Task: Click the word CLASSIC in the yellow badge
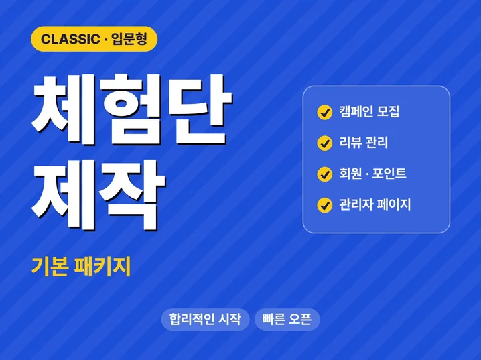(x=70, y=39)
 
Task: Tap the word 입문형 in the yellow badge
(x=129, y=39)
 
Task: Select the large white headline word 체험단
(x=132, y=109)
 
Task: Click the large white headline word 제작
(x=98, y=195)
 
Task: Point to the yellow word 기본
(x=50, y=266)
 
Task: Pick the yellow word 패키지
(x=102, y=266)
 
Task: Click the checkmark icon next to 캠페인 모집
(x=324, y=113)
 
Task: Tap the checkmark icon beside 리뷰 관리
(x=324, y=143)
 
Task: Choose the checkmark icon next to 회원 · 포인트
(x=324, y=174)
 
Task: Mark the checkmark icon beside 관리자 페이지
(x=324, y=205)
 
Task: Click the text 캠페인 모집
(x=369, y=111)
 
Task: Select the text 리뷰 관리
(x=364, y=143)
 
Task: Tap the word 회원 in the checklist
(x=350, y=174)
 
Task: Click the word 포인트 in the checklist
(x=389, y=174)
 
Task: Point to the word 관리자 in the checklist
(x=356, y=204)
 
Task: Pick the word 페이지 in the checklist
(x=394, y=204)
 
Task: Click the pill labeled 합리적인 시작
(x=205, y=320)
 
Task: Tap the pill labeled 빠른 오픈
(x=287, y=320)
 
